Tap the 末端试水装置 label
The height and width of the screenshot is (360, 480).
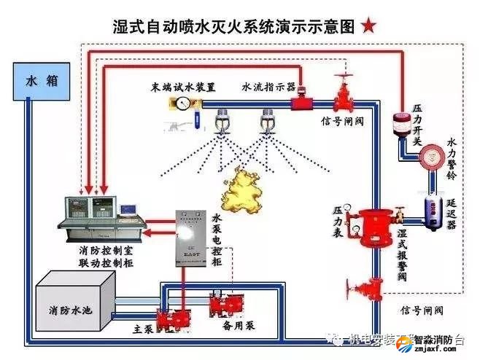(184, 87)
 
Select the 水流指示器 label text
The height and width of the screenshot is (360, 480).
(268, 87)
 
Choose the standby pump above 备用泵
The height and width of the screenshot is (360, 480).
(225, 304)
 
